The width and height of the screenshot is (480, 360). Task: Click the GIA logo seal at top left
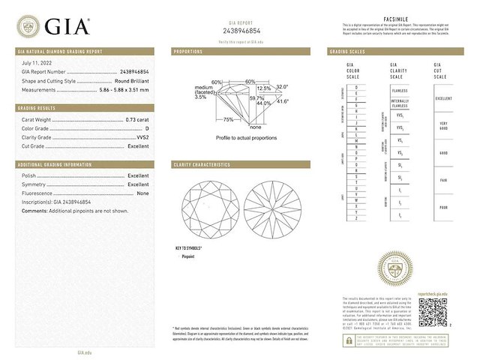pyautogui.click(x=29, y=27)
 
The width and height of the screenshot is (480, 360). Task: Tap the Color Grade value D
pyautogui.click(x=147, y=127)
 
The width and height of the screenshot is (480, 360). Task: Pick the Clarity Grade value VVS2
pyautogui.click(x=141, y=137)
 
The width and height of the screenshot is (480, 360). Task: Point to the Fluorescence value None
pyautogui.click(x=142, y=193)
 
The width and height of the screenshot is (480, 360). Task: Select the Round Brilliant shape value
pyautogui.click(x=128, y=80)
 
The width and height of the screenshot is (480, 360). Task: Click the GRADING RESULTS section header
pyautogui.click(x=37, y=108)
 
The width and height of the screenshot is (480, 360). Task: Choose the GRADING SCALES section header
pyautogui.click(x=347, y=52)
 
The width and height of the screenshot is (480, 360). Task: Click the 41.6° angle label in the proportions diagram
pyautogui.click(x=283, y=101)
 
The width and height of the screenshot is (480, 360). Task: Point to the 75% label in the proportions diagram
pyautogui.click(x=228, y=119)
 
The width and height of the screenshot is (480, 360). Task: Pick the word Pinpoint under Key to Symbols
pyautogui.click(x=189, y=256)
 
